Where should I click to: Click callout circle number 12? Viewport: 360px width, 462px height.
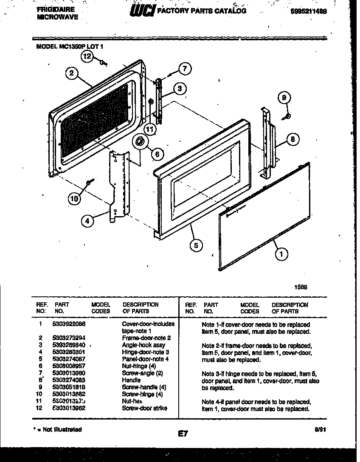[x=87, y=56]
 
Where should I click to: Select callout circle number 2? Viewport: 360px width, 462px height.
[x=72, y=73]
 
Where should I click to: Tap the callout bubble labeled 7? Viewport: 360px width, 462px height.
[x=184, y=68]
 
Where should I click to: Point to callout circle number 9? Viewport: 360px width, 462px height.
[x=284, y=98]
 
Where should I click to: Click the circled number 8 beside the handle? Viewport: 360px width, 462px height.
[x=292, y=139]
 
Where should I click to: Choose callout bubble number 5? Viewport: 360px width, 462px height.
[x=196, y=245]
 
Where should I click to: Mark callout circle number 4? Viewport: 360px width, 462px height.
[x=87, y=220]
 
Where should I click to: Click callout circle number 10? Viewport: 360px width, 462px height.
[x=74, y=198]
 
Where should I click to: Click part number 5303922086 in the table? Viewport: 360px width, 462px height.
[x=70, y=324]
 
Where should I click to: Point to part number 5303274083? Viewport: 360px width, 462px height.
[x=70, y=380]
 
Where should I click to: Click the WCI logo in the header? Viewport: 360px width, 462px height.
[x=142, y=11]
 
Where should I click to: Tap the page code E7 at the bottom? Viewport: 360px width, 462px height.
[x=183, y=434]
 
